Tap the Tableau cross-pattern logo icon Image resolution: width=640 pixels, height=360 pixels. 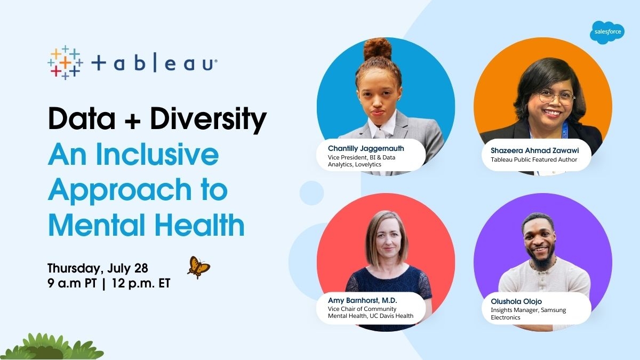pyautogui.click(x=64, y=62)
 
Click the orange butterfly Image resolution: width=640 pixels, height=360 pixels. pyautogui.click(x=198, y=267)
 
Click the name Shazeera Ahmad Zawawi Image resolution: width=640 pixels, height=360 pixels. pyautogui.click(x=534, y=150)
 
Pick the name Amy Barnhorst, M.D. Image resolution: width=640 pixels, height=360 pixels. pyautogui.click(x=363, y=300)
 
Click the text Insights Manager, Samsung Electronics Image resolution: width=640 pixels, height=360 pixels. pyautogui.click(x=528, y=314)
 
